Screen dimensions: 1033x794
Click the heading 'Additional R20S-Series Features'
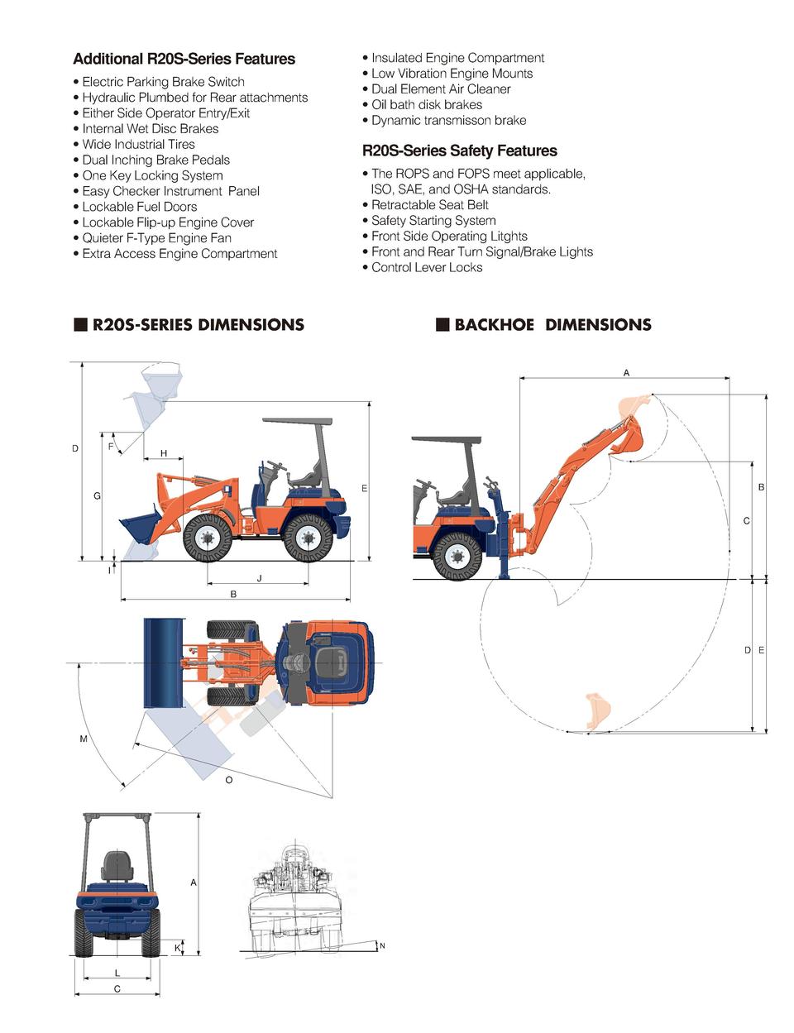coord(184,59)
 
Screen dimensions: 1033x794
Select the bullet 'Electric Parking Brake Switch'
coord(163,82)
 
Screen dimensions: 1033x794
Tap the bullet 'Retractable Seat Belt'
coord(429,205)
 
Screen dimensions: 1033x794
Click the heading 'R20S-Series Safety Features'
coord(459,151)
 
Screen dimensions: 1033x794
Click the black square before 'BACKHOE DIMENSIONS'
coord(442,324)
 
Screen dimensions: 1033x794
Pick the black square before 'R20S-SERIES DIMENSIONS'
coord(80,324)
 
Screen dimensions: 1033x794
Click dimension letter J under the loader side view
coord(259,578)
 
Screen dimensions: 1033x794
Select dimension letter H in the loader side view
coord(164,453)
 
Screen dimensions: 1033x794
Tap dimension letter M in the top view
coord(84,739)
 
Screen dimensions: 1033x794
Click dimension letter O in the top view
coord(229,780)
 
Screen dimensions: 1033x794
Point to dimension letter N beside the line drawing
coord(382,946)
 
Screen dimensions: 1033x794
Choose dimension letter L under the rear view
coord(117,973)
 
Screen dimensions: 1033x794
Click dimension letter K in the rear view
coord(177,947)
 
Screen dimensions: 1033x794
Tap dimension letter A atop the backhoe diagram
coord(626,373)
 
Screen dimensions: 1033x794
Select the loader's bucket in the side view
coord(139,529)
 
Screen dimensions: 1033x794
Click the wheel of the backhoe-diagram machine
coord(456,555)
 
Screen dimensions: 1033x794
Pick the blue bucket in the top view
coord(164,662)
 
